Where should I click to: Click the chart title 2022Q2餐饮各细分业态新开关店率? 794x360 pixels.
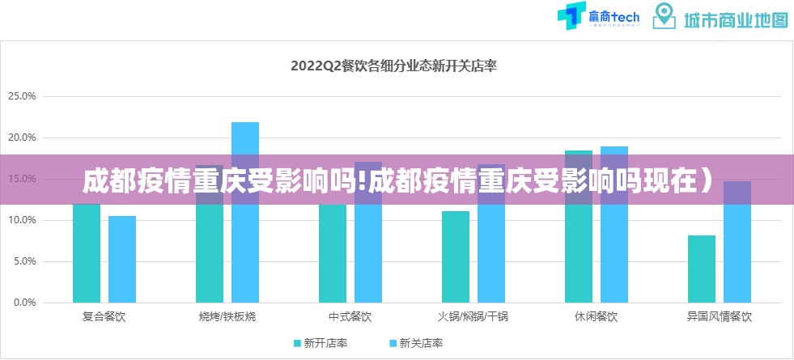[394, 67]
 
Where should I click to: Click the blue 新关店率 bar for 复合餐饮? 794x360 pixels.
[122, 259]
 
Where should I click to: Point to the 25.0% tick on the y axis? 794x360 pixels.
[22, 96]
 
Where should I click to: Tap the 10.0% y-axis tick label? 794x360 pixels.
[22, 220]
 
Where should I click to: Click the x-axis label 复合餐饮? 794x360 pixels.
[104, 316]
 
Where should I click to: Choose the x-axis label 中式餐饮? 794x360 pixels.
[350, 316]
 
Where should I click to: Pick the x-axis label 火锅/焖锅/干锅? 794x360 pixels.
[473, 316]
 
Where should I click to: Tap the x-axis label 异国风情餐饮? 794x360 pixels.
[720, 316]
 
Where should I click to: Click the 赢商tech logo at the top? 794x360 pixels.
[598, 17]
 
